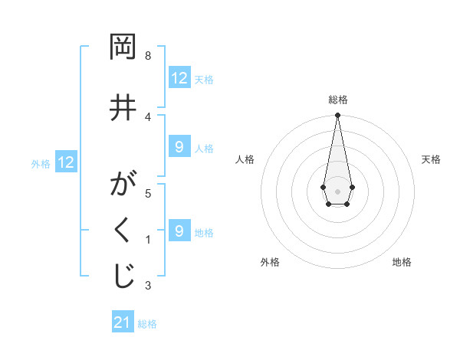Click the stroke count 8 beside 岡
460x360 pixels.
point(148,56)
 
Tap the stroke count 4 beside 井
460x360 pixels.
point(148,116)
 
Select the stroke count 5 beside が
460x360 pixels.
point(148,193)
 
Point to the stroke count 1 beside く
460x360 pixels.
point(148,240)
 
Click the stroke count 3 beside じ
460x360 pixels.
point(148,286)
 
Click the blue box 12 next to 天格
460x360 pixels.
point(179,78)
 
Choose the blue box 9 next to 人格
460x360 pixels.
point(179,147)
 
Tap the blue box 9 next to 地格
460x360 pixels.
point(179,231)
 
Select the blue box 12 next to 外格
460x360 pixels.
point(66,162)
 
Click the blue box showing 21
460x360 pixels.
point(123,322)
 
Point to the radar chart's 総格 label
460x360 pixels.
point(337,100)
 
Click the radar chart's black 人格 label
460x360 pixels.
point(245,159)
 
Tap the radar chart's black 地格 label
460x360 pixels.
point(402,262)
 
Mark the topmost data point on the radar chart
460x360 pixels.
point(337,116)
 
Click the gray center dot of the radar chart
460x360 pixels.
point(337,190)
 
